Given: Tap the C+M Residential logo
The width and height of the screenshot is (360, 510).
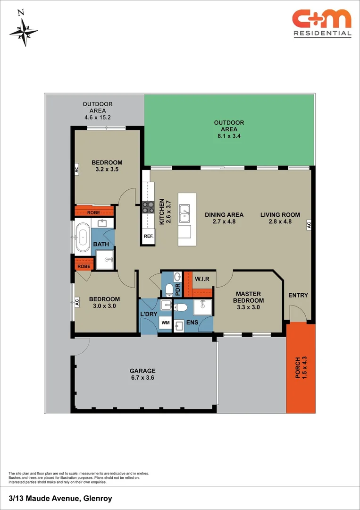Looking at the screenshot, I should (x=322, y=23).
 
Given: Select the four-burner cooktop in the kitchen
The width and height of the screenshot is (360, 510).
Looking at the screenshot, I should (x=148, y=206).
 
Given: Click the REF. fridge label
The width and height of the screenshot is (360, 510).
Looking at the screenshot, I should (x=148, y=236).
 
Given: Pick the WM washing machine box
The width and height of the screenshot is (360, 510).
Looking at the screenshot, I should (x=165, y=323).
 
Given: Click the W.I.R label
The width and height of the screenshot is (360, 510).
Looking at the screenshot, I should (x=202, y=279).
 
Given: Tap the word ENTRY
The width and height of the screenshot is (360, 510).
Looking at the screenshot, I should (x=298, y=295).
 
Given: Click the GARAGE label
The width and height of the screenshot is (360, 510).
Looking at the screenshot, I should (x=143, y=371).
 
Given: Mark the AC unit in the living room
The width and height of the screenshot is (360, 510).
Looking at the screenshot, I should (x=310, y=225).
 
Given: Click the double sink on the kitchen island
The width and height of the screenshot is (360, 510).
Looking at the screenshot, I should (x=184, y=213).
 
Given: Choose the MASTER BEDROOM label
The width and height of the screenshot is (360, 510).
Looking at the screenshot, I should (x=250, y=297).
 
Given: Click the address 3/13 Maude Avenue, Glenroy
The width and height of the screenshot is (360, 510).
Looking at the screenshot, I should (x=60, y=498).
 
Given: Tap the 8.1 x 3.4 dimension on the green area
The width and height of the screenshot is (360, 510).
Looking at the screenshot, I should (x=229, y=136).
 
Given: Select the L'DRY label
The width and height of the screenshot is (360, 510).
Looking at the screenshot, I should (x=149, y=314).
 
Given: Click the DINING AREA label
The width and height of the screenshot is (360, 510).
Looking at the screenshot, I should (x=224, y=215).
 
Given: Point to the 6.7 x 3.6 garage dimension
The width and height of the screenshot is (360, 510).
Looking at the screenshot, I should (x=143, y=378).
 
